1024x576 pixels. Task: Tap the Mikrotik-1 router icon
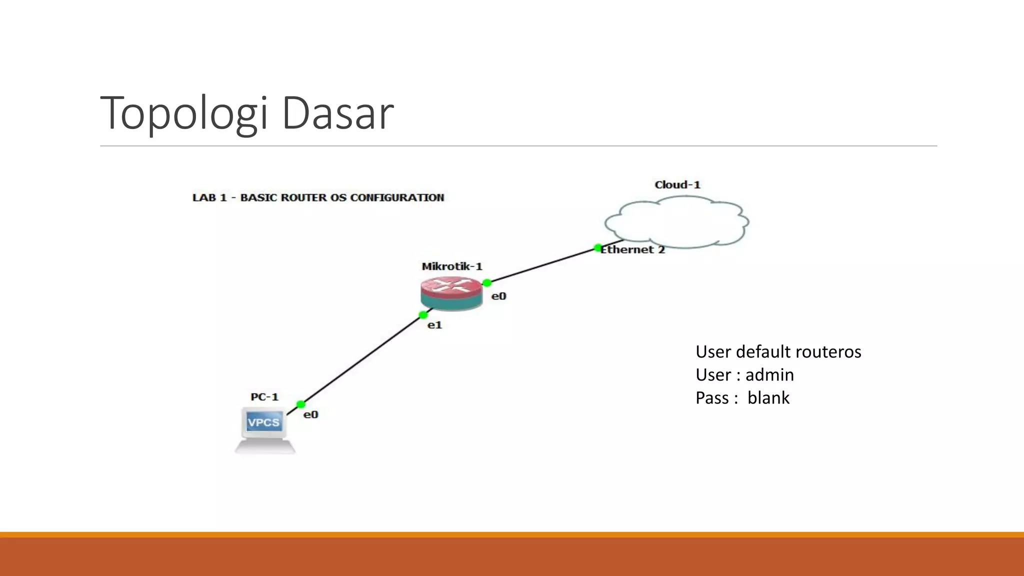[451, 293]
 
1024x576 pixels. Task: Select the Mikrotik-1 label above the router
[451, 266]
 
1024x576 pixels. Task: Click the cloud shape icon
[676, 222]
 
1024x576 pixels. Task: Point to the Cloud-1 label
[677, 185]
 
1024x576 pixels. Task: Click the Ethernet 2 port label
[633, 250]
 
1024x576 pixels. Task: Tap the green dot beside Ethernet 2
[597, 247]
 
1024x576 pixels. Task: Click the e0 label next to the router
[498, 296]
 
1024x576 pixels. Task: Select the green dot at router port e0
[486, 283]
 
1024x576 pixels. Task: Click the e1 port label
[434, 325]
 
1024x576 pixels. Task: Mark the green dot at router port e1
[423, 315]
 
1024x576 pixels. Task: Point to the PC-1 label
[264, 397]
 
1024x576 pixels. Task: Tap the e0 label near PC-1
[310, 415]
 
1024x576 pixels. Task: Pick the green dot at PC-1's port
[300, 404]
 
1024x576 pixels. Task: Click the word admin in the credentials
[769, 375]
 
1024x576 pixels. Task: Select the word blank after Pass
[768, 398]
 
